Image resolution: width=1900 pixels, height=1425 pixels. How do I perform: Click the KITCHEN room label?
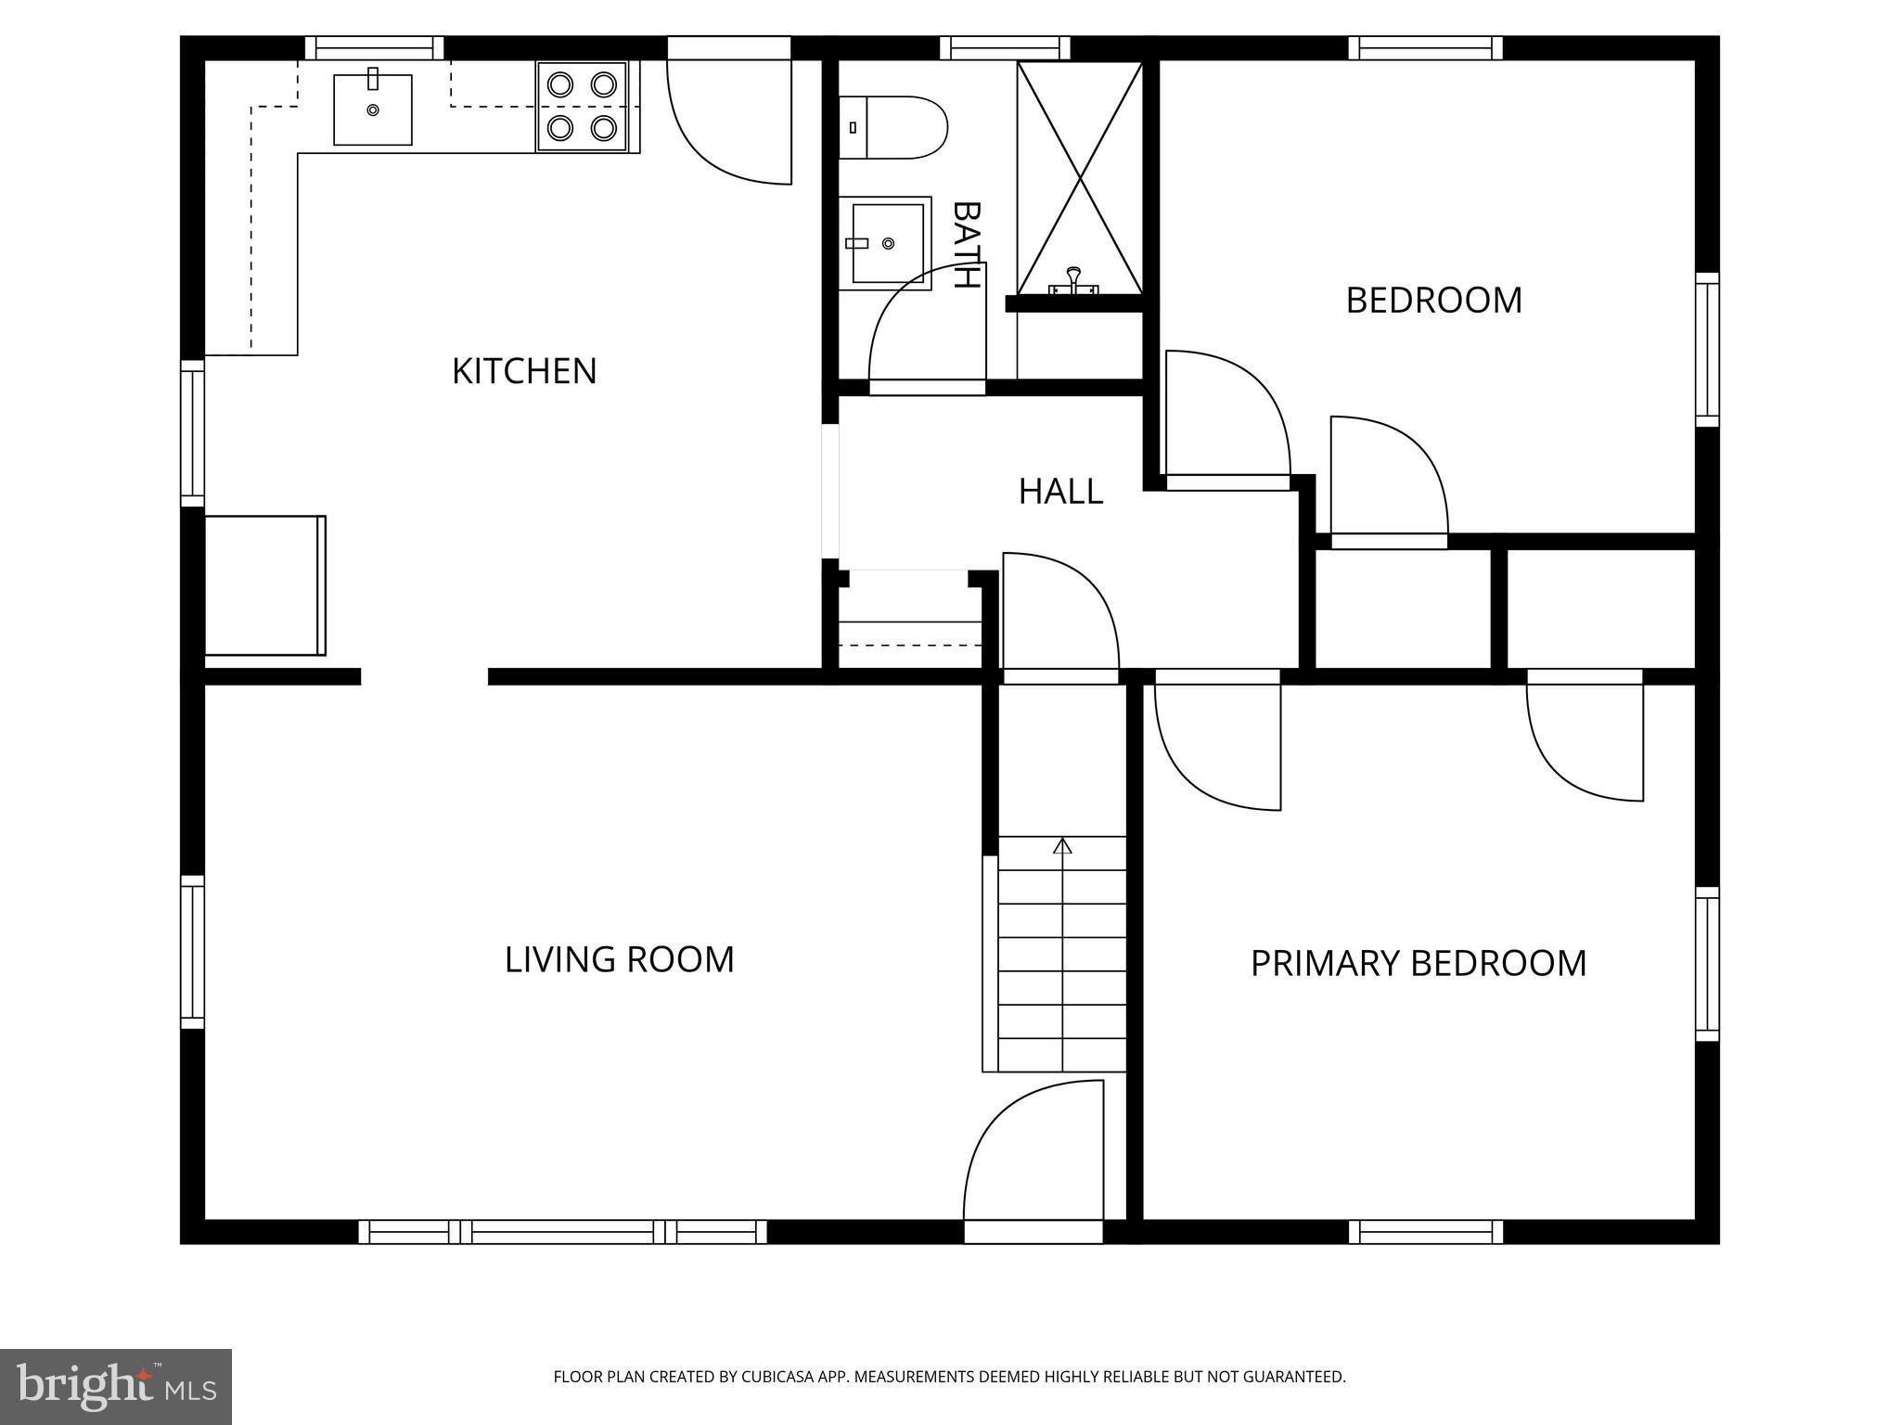pos(524,371)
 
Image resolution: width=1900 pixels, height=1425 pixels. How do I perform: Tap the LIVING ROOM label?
pos(619,959)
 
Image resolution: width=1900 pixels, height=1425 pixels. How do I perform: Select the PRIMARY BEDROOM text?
pos(1418,963)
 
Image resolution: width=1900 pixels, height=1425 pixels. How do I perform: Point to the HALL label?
pos(1060,492)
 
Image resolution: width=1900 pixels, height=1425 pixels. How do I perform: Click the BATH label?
pos(966,245)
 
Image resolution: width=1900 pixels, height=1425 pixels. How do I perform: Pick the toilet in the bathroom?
pos(892,127)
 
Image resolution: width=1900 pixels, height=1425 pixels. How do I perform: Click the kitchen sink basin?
pos(372,109)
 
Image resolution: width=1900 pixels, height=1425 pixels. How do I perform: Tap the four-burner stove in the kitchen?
pos(582,106)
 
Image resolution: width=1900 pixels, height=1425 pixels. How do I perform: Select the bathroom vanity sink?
pos(886,243)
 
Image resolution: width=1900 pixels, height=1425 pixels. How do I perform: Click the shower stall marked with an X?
pos(1080,176)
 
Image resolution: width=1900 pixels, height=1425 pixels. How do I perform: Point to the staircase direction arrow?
pos(1062,846)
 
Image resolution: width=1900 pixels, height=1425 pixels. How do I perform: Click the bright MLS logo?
pos(116,1386)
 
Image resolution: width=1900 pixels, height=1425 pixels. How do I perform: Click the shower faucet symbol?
pos(1073,281)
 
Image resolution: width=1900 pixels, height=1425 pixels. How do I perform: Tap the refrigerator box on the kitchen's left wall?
pos(264,585)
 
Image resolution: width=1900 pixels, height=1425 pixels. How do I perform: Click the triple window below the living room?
pos(562,1232)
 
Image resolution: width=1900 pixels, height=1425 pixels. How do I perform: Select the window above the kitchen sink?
pos(374,47)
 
